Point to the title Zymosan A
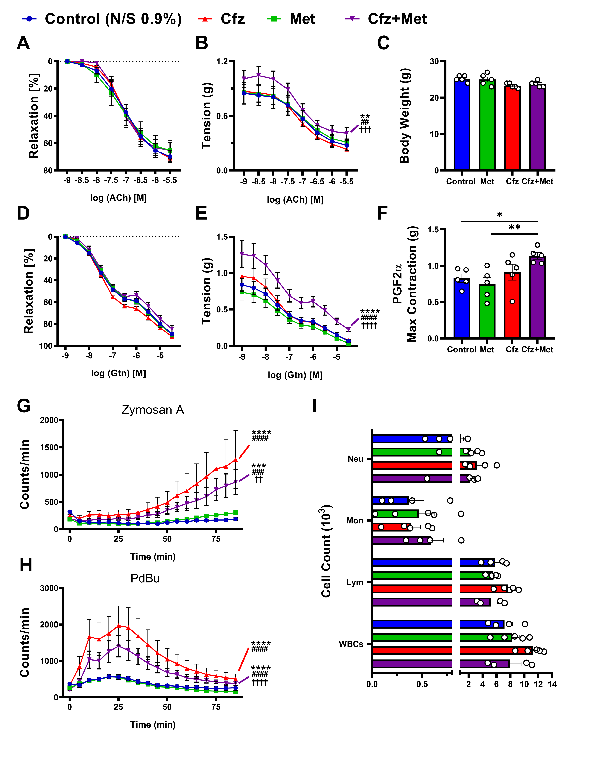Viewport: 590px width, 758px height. click(153, 410)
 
